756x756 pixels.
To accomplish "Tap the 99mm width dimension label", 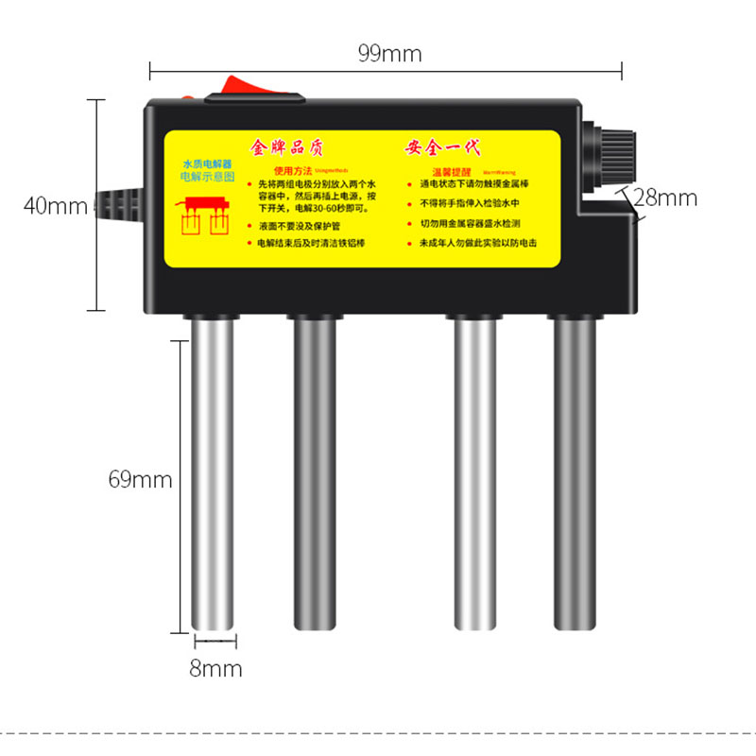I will pyautogui.click(x=389, y=53).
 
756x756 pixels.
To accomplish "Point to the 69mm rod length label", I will pyautogui.click(x=140, y=479).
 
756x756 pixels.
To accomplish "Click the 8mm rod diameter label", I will pyautogui.click(x=215, y=669).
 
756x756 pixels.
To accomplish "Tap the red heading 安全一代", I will pyautogui.click(x=443, y=147).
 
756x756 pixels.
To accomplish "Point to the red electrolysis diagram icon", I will pyautogui.click(x=207, y=216).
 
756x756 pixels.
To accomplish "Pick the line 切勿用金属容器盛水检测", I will pyautogui.click(x=470, y=224).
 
